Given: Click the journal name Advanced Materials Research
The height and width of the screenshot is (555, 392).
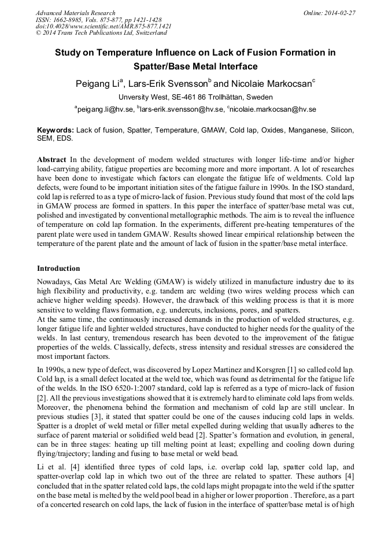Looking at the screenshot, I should pyautogui.click(x=75, y=13).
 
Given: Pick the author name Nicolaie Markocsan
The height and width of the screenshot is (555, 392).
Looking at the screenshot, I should pyautogui.click(x=271, y=84).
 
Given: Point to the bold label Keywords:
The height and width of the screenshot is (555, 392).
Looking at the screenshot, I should pyautogui.click(x=56, y=131).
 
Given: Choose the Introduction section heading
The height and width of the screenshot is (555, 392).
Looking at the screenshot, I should pyautogui.click(x=58, y=269).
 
